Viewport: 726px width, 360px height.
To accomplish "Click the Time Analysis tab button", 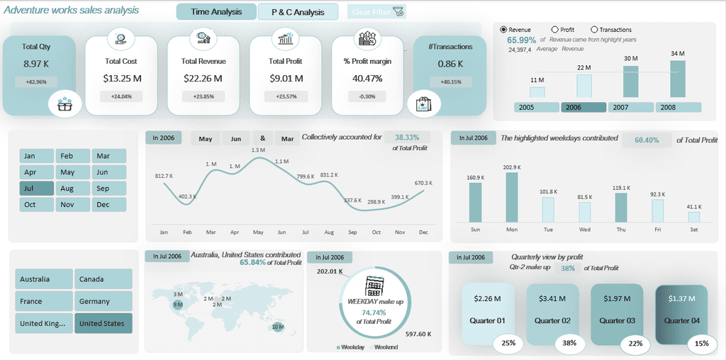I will (x=216, y=12).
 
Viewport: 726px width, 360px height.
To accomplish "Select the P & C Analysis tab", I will (x=298, y=12).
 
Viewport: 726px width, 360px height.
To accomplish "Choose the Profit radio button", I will (x=554, y=30).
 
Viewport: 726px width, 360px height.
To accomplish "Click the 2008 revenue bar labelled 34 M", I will (x=678, y=79).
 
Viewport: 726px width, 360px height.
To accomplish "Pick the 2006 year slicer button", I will (x=583, y=107).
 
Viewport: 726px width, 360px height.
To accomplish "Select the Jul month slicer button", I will (x=36, y=189).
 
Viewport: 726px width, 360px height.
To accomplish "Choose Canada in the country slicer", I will (x=103, y=279).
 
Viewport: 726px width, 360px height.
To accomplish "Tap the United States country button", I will (x=103, y=323).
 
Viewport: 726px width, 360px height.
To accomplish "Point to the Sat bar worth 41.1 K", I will (x=693, y=217).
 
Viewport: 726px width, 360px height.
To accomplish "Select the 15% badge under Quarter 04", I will (x=701, y=344).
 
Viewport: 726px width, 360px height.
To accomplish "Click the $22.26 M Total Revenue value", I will (x=202, y=78).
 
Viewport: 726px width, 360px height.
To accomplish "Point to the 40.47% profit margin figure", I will (x=367, y=78).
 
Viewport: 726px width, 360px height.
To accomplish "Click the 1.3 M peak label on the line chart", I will (x=258, y=150).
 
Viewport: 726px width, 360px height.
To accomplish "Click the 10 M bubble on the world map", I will (x=278, y=327).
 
